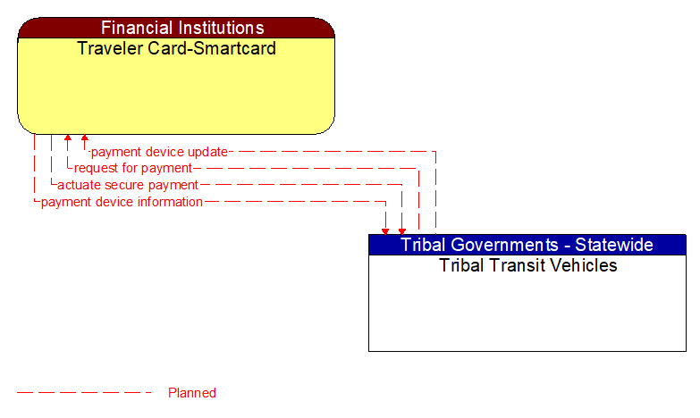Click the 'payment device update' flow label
pyautogui.click(x=159, y=152)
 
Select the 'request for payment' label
pyautogui.click(x=132, y=168)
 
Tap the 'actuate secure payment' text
pyautogui.click(x=127, y=185)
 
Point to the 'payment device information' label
pyautogui.click(x=122, y=202)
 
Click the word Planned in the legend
pyautogui.click(x=192, y=393)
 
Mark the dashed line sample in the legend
pyautogui.click(x=84, y=393)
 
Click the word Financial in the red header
pyautogui.click(x=134, y=28)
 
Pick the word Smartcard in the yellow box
pyautogui.click(x=235, y=48)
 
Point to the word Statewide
pyautogui.click(x=614, y=245)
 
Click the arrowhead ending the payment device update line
pyautogui.click(x=84, y=138)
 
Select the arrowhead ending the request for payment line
pyautogui.click(x=67, y=138)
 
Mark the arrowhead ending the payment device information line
pyautogui.click(x=385, y=230)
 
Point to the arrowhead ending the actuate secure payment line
pyautogui.click(x=402, y=230)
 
